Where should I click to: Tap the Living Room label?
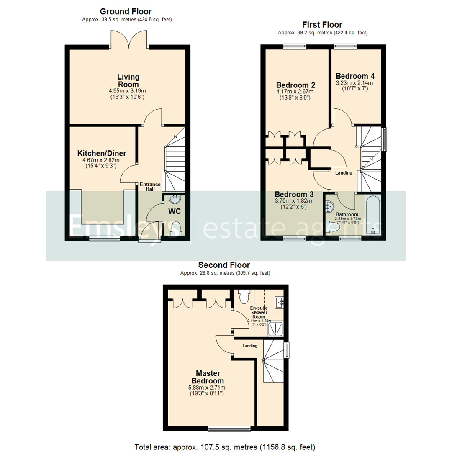click(x=128, y=80)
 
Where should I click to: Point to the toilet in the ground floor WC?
click(x=176, y=229)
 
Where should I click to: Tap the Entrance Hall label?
click(x=150, y=187)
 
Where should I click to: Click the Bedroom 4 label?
click(x=355, y=76)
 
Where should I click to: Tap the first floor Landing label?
click(x=343, y=173)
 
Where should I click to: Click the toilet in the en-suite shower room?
click(x=244, y=296)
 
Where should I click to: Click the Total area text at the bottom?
click(x=225, y=446)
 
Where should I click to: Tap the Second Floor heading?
click(x=224, y=265)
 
